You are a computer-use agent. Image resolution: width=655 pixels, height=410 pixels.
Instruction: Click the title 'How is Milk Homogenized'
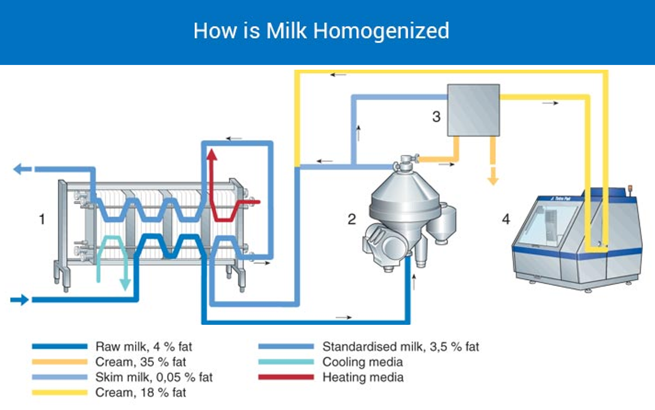[x=321, y=31]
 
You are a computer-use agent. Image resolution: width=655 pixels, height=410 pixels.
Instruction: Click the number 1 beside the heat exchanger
[x=42, y=219]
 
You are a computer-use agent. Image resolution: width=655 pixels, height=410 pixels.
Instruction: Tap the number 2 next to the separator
[x=352, y=219]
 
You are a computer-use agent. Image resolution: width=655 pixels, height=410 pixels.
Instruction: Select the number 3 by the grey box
[x=436, y=116]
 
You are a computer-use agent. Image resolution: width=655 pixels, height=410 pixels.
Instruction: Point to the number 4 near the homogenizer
[x=506, y=219]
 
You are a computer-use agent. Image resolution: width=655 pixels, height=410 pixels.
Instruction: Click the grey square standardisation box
[x=474, y=110]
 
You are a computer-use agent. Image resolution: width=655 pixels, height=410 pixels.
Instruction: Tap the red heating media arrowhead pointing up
[x=212, y=154]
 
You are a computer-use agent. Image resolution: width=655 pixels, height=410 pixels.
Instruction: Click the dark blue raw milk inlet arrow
[x=19, y=299]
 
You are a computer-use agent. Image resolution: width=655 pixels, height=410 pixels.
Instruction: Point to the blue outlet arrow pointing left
[x=21, y=169]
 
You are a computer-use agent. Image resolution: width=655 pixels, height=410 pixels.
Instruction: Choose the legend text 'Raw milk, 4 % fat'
[x=144, y=346]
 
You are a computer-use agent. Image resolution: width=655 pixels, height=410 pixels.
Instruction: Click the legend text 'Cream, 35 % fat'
[x=141, y=362]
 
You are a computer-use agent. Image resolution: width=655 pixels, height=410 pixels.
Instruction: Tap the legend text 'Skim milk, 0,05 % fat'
[x=154, y=377]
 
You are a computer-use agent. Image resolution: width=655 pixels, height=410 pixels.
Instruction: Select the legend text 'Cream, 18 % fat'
[x=141, y=392]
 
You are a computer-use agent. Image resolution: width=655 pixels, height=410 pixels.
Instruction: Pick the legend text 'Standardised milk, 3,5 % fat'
[x=400, y=346]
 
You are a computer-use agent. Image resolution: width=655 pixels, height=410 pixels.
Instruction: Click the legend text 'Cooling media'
[x=363, y=362]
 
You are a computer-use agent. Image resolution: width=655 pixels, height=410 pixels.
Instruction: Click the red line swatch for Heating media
[x=286, y=377]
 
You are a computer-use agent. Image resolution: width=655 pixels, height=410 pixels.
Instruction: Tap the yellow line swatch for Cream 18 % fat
[x=59, y=392]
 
